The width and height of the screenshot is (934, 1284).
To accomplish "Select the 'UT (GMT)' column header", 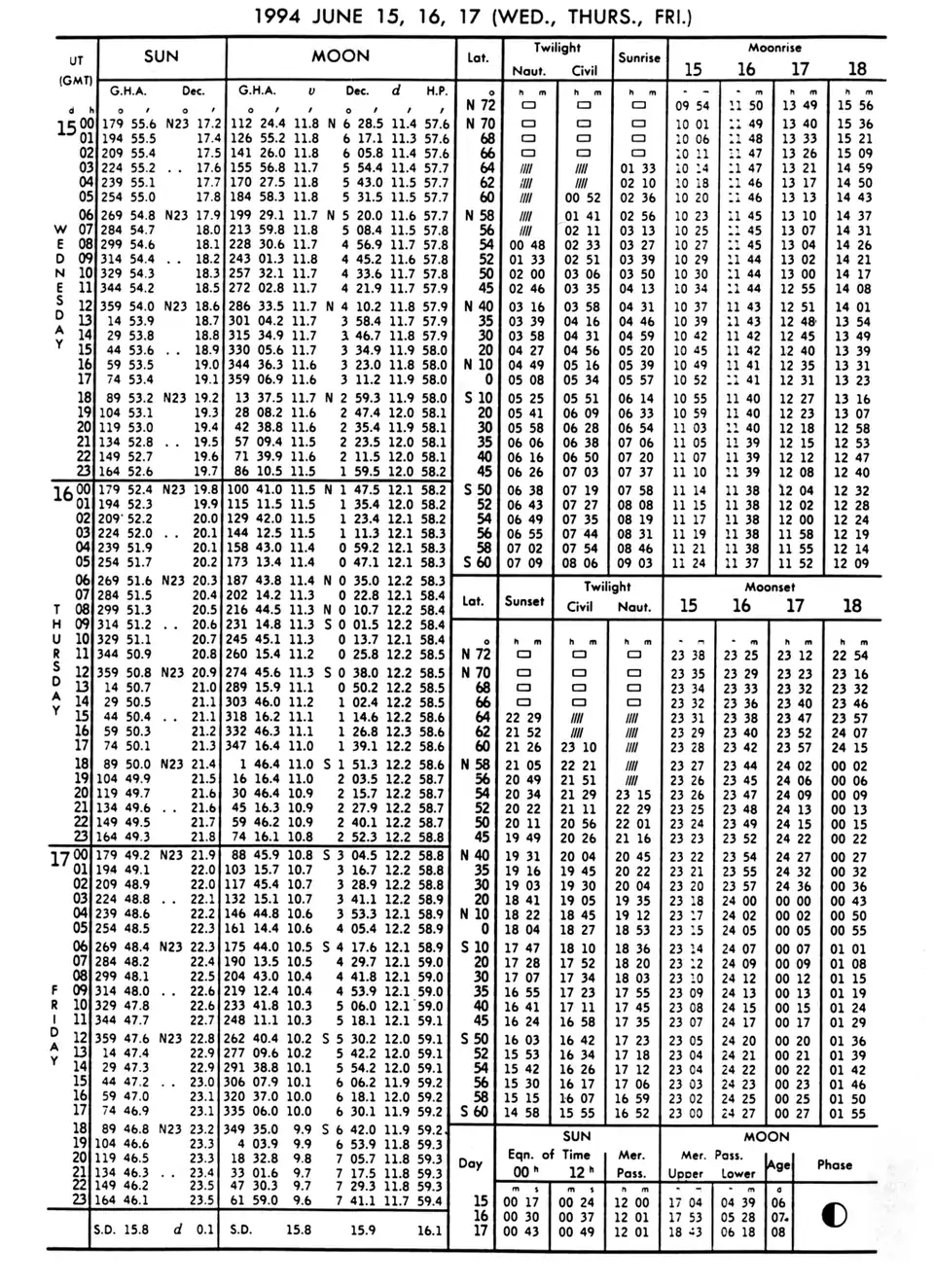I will [76, 69].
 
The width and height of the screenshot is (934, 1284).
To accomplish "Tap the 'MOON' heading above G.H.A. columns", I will [340, 56].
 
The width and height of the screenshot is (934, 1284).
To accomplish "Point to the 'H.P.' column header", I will [436, 91].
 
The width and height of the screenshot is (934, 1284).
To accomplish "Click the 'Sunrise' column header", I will [639, 57].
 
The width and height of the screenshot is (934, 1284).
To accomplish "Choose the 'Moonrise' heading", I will [773, 47].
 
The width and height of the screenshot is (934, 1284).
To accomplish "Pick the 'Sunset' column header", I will [523, 601].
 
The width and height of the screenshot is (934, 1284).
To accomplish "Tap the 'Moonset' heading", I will [770, 588].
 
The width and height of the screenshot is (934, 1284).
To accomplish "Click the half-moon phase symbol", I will [834, 1215].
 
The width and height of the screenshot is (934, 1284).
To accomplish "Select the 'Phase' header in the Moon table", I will [834, 1164].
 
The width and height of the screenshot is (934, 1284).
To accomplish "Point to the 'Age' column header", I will [778, 1164].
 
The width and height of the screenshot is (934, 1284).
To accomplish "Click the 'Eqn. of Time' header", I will [548, 1155].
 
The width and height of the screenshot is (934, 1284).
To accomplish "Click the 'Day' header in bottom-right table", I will [471, 1162].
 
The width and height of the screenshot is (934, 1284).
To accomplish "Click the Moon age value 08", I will [777, 1231].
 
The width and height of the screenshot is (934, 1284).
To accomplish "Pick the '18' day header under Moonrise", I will [856, 69].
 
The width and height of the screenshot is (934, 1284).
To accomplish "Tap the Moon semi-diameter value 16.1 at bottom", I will [429, 1230].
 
